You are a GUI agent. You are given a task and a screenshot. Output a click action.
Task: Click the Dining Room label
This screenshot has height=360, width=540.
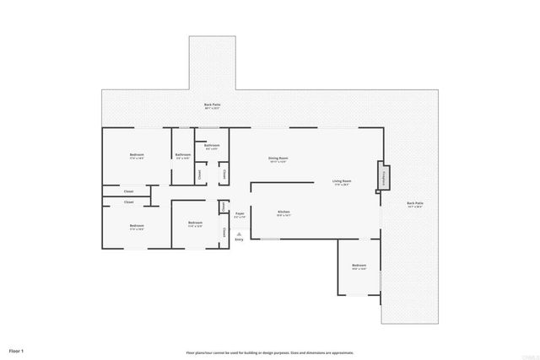point(278,159)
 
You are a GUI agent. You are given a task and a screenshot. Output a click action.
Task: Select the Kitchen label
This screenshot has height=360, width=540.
point(283,212)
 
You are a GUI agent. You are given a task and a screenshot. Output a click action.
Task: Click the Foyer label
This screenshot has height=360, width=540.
point(240,214)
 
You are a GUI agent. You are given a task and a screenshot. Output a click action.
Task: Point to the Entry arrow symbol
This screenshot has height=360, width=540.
point(239,234)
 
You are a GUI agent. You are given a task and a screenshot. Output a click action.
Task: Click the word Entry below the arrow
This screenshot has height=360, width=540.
point(239,240)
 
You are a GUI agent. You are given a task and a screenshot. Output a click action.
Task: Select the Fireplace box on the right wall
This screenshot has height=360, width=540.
point(382,175)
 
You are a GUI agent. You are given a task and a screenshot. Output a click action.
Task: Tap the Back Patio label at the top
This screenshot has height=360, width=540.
point(211,105)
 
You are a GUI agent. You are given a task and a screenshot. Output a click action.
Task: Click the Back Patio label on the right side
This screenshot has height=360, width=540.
point(415,203)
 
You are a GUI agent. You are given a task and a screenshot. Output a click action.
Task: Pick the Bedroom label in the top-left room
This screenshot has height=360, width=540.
point(137,155)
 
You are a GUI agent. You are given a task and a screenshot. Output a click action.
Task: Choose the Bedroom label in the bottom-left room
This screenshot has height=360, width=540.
point(137,225)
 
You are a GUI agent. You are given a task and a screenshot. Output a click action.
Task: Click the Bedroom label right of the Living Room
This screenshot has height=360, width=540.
point(359,266)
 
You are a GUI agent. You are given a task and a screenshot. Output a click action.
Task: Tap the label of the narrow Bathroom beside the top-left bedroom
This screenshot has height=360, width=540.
point(183,155)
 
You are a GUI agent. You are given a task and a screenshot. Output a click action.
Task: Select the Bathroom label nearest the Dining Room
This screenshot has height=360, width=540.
point(212,146)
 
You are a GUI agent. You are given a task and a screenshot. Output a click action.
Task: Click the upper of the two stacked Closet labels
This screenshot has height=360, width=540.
point(128,191)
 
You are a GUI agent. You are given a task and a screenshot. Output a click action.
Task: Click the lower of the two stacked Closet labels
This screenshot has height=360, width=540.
point(128,202)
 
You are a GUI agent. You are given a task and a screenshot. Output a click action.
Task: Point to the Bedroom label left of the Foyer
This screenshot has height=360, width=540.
point(195,223)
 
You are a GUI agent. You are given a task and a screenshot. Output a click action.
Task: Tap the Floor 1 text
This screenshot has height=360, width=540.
point(16,350)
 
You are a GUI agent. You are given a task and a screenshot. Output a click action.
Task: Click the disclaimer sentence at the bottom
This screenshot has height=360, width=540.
point(270,352)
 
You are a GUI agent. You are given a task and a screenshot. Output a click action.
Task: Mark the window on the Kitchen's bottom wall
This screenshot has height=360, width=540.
point(270,239)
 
